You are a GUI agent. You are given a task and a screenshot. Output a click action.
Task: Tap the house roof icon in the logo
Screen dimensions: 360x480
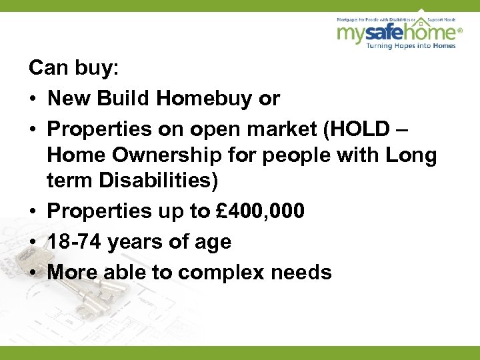(x=421, y=14)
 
